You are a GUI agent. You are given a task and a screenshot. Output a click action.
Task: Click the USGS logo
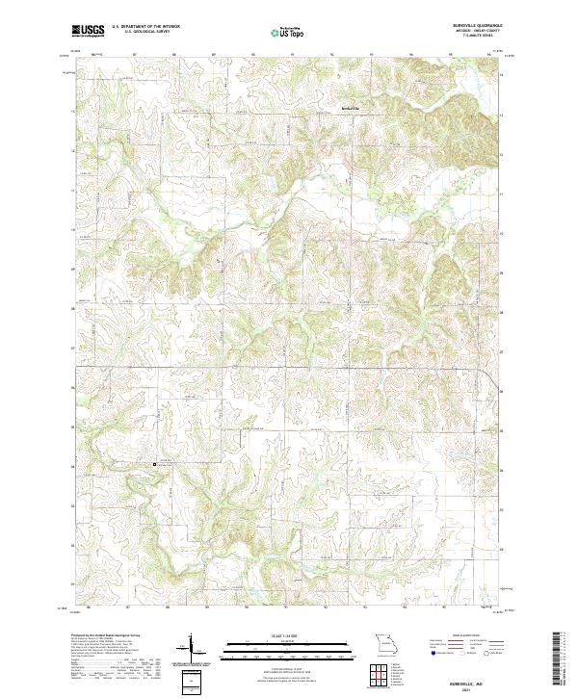88,31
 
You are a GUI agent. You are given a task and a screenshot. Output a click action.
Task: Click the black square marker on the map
155,464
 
